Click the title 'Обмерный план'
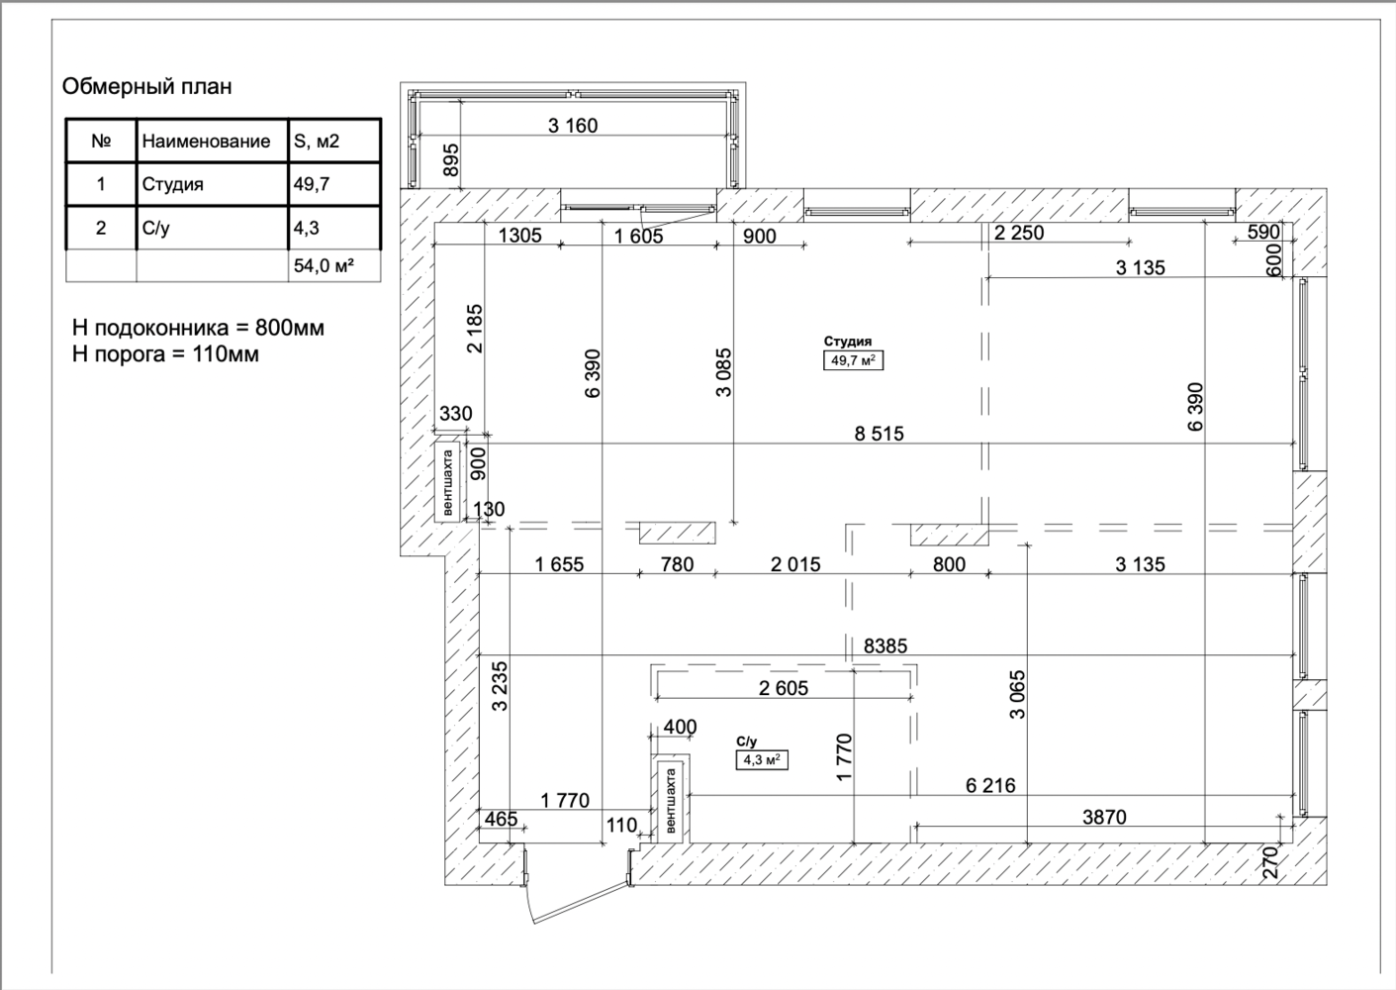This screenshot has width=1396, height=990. point(146,87)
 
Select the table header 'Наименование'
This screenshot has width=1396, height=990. point(206,142)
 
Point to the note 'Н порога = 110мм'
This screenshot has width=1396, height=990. point(165,354)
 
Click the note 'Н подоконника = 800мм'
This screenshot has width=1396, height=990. point(198,328)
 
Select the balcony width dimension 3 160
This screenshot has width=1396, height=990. point(573,126)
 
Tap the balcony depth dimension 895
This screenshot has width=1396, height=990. point(452,159)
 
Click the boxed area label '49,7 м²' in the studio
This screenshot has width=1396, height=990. point(853,360)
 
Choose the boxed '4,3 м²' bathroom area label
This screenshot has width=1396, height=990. point(762,760)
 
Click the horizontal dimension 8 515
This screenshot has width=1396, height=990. point(879,434)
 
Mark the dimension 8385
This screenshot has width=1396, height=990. point(885,645)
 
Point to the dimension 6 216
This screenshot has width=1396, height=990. point(990,785)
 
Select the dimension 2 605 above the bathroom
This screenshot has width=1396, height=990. point(784,688)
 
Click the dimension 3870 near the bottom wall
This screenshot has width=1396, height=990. point(1104,817)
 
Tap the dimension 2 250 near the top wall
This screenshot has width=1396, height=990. point(1019,234)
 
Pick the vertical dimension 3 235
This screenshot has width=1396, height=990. point(501,686)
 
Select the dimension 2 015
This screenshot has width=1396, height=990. point(795,565)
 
